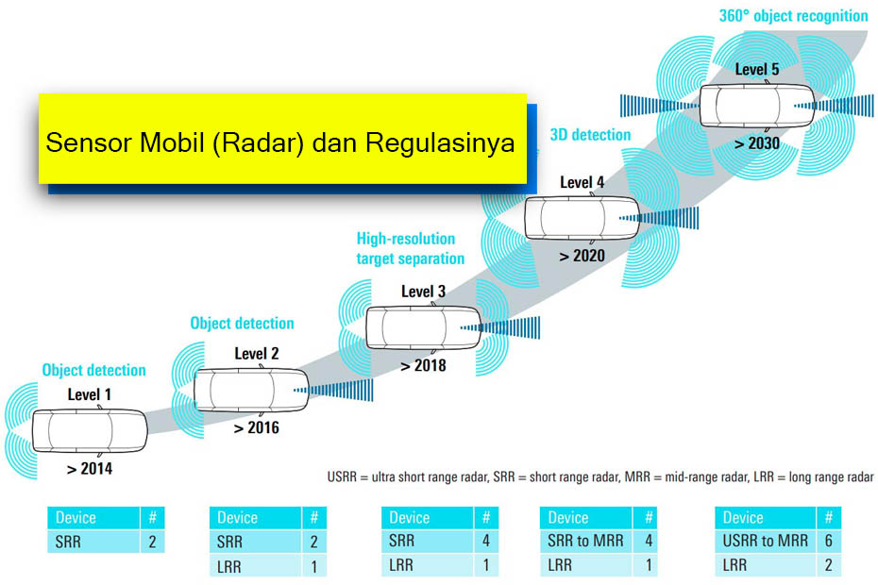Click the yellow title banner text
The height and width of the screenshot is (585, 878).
[x=280, y=143]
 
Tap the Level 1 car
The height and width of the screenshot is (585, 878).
[x=90, y=430]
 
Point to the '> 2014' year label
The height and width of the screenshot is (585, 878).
[x=90, y=468]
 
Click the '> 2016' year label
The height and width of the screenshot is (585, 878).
[x=256, y=427]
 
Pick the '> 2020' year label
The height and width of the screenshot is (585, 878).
[x=582, y=255]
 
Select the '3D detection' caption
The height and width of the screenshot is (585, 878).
[x=590, y=135]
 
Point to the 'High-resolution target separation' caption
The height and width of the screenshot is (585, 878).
[x=410, y=248]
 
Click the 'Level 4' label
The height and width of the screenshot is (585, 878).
[x=583, y=182]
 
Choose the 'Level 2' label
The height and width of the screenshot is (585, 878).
[x=257, y=355]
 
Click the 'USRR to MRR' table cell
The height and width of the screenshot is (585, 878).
[x=765, y=541]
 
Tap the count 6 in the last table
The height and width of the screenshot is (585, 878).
[x=827, y=541]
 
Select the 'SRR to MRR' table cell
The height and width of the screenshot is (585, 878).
[x=586, y=541]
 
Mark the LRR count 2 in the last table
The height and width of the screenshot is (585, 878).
[x=827, y=565]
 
